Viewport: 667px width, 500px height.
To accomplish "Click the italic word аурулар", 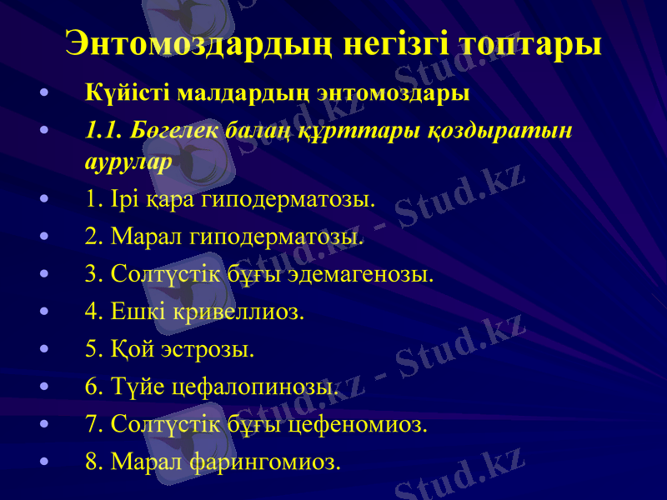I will click(128, 162).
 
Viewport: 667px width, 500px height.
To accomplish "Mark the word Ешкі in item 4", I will click(138, 312).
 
